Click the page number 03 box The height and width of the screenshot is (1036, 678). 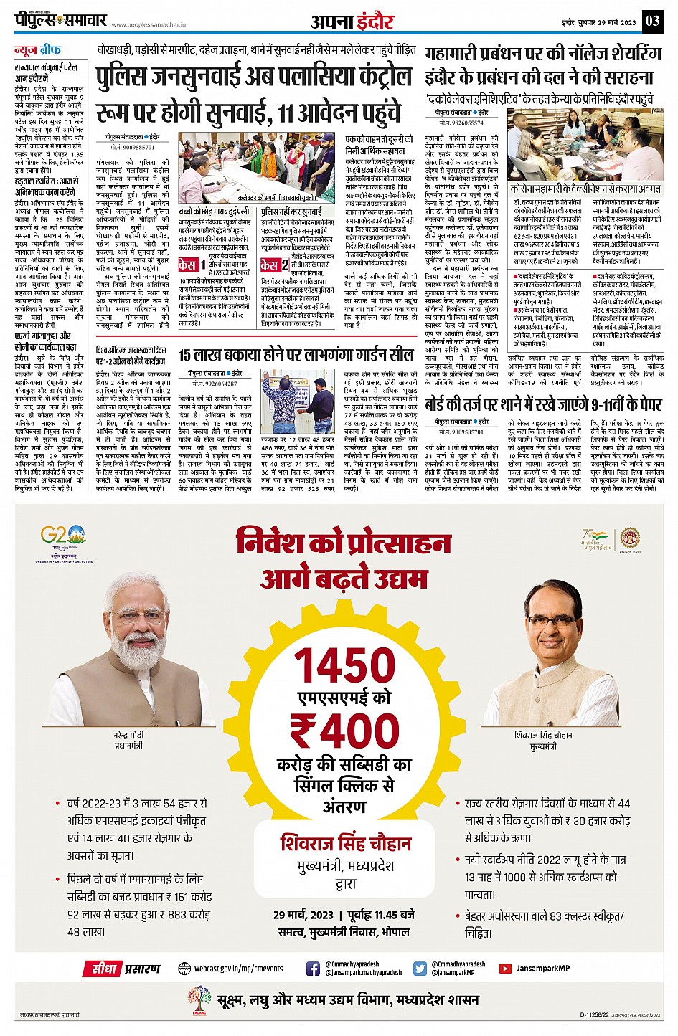(652, 21)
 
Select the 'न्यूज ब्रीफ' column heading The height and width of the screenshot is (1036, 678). (38, 51)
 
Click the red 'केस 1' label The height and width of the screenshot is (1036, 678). (192, 265)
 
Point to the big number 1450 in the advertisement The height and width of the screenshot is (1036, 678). (346, 665)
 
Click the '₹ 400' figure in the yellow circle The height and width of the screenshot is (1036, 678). (345, 731)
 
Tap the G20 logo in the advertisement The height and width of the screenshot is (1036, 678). (63, 536)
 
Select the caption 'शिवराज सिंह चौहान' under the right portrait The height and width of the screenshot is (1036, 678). (543, 736)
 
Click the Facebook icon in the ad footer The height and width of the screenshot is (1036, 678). (313, 969)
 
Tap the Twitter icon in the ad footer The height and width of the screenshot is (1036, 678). (420, 969)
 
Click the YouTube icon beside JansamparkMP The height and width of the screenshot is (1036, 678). (505, 969)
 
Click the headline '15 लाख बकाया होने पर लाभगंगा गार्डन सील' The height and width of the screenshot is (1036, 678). (296, 355)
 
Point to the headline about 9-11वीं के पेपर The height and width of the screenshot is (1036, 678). (543, 404)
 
